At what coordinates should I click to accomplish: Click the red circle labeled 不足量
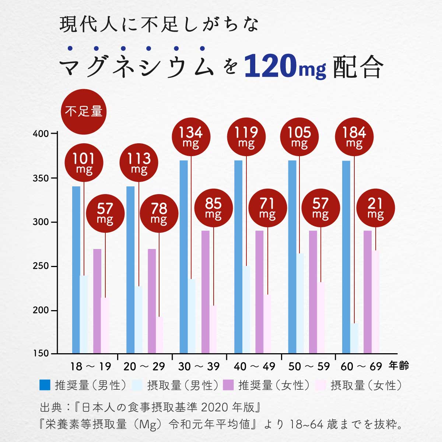tap(84, 111)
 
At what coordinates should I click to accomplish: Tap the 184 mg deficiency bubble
tap(354, 137)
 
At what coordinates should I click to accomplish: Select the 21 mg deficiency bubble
tap(375, 208)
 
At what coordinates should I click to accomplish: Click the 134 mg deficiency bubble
tap(191, 137)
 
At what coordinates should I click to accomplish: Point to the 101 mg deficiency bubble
tap(84, 162)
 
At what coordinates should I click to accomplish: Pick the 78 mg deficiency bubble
tap(159, 213)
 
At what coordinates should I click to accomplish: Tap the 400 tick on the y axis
tap(41, 134)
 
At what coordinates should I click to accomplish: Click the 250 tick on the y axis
tap(41, 266)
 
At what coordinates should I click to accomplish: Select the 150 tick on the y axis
tap(41, 353)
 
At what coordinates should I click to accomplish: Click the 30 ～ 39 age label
tap(199, 366)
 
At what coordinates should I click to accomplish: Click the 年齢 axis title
tap(399, 366)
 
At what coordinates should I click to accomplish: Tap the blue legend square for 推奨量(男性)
tap(45, 385)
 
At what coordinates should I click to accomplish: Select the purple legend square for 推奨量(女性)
tap(229, 385)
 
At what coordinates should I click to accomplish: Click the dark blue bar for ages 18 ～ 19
tap(76, 269)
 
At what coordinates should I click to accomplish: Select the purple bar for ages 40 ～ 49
tap(259, 291)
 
